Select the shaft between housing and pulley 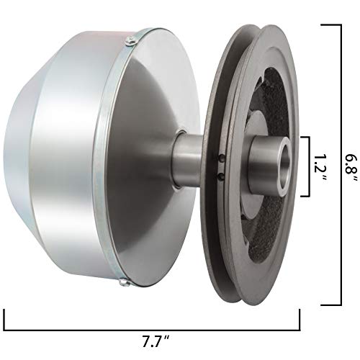point(186,163)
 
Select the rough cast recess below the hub point(266,230)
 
